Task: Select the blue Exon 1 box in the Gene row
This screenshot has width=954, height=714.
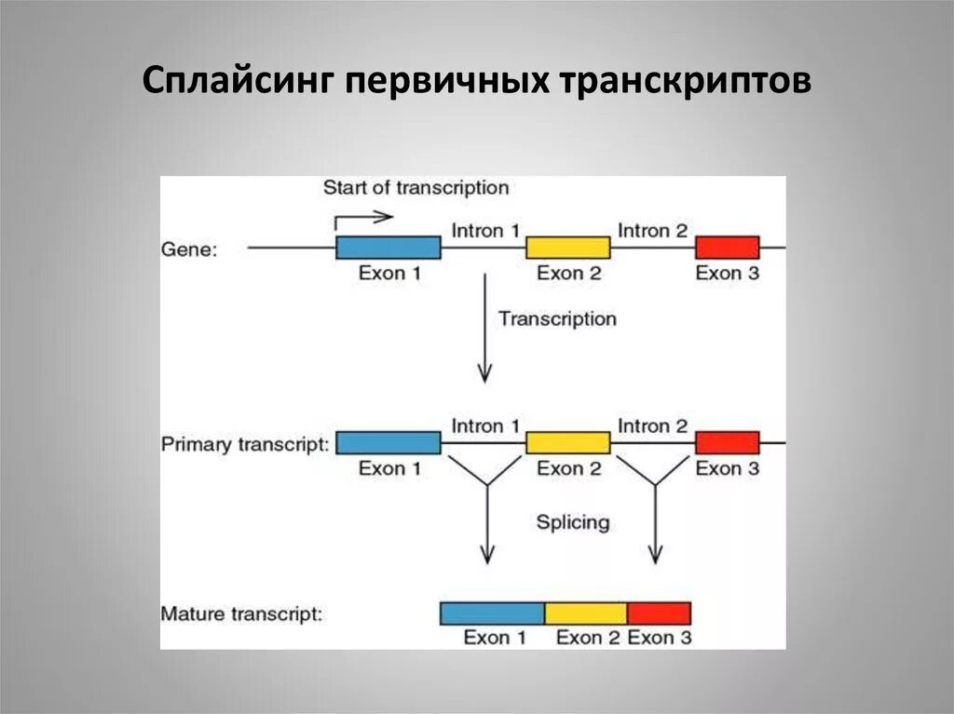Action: (x=388, y=248)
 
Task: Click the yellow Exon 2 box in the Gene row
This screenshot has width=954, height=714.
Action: (x=568, y=248)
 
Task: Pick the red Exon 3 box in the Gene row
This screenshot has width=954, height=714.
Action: (x=728, y=248)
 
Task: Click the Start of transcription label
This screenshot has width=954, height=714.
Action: (x=416, y=188)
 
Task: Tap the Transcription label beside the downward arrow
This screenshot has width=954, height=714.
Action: (x=557, y=318)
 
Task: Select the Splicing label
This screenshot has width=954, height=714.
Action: (x=572, y=522)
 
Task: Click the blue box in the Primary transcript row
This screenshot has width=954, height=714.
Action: (x=388, y=443)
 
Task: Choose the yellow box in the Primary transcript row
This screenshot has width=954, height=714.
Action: (x=568, y=443)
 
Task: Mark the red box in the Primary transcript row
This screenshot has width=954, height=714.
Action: (x=728, y=443)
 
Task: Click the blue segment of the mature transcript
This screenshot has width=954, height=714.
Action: (x=492, y=613)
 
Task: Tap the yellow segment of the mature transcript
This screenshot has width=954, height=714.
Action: (x=585, y=613)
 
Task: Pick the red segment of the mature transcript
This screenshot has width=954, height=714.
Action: (x=659, y=613)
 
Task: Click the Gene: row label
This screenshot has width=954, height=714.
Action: (x=189, y=249)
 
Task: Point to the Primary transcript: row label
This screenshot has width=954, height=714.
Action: (x=245, y=444)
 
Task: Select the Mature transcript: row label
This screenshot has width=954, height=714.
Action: (x=241, y=614)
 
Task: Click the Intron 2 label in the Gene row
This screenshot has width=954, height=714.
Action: (x=652, y=230)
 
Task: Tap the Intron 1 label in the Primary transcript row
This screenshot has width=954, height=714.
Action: (x=485, y=425)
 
